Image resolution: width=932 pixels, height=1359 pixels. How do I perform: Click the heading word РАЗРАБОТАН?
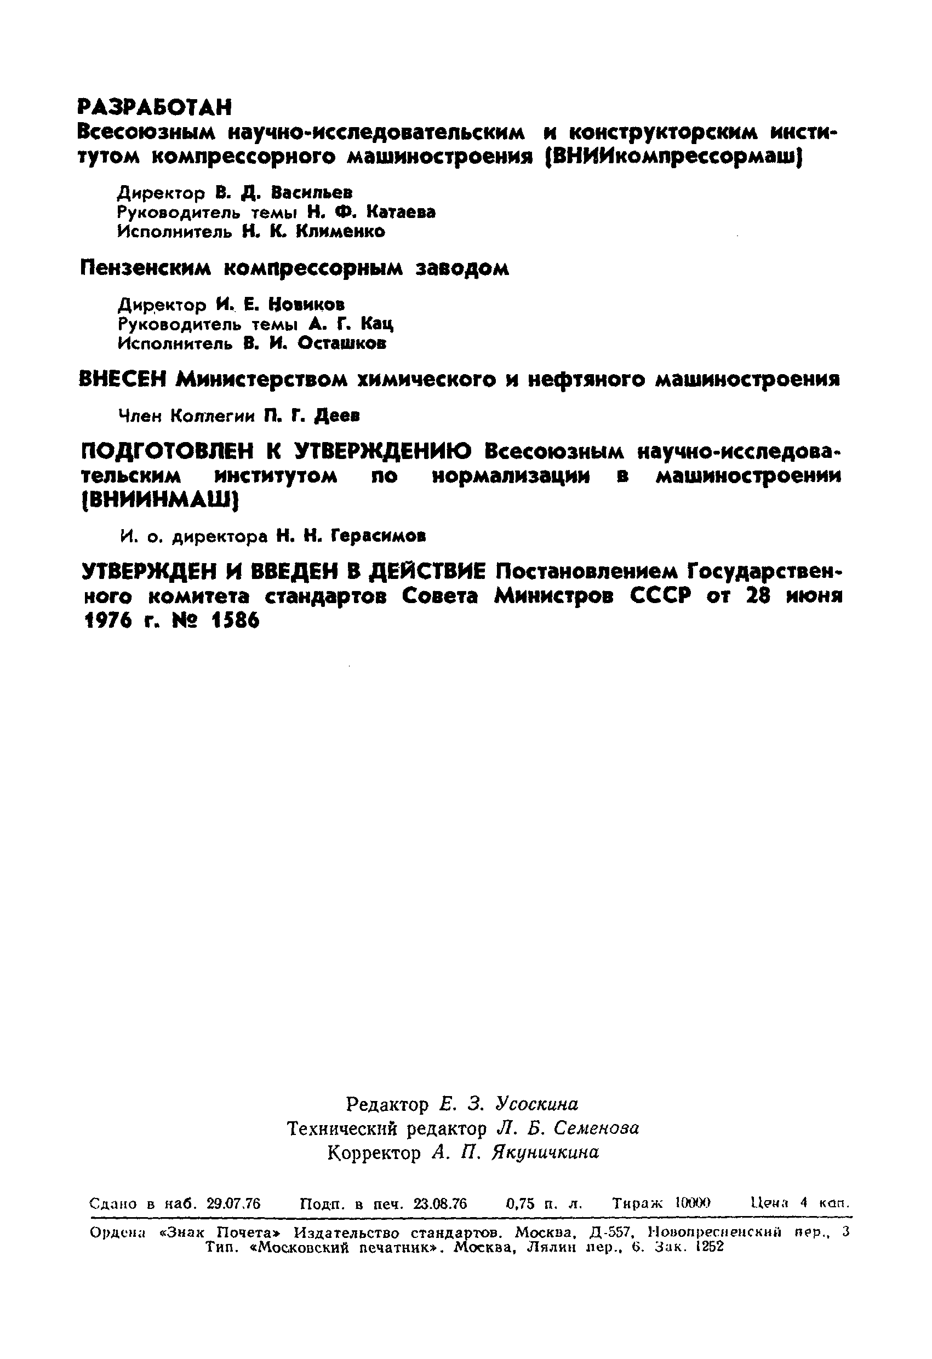(x=155, y=107)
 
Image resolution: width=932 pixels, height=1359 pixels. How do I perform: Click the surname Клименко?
(x=340, y=232)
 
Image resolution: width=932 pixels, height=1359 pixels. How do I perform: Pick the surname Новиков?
(x=307, y=304)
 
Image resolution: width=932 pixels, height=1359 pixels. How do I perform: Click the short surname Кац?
(x=377, y=323)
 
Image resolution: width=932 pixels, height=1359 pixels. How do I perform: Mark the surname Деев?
(x=336, y=416)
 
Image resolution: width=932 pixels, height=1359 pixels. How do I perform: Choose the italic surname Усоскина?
(x=536, y=1103)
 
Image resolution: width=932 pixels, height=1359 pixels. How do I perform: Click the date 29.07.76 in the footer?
(x=233, y=1203)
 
